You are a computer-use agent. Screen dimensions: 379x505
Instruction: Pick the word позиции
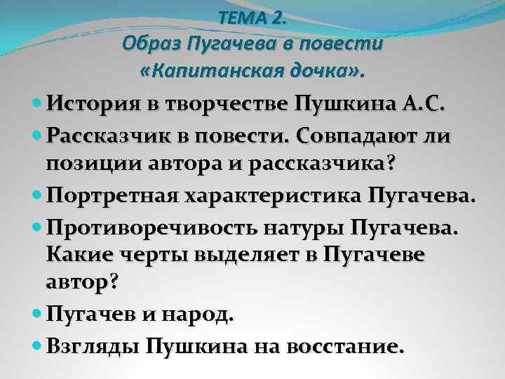coord(85,163)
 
